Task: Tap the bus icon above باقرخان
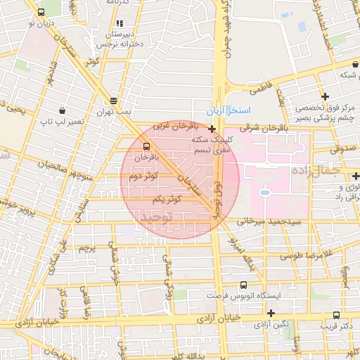pyautogui.click(x=146, y=147)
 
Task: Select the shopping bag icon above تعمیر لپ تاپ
pyautogui.click(x=62, y=111)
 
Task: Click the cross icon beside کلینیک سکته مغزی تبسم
pyautogui.click(x=212, y=129)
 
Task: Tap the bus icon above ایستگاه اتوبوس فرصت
pyautogui.click(x=243, y=285)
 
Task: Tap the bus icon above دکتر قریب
pyautogui.click(x=336, y=316)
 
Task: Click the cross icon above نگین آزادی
pyautogui.click(x=271, y=314)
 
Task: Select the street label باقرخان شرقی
pyautogui.click(x=264, y=128)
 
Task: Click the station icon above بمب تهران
pyautogui.click(x=113, y=101)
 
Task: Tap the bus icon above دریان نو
pyautogui.click(x=40, y=12)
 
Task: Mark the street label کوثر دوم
pyautogui.click(x=143, y=176)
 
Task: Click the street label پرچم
pyautogui.click(x=86, y=247)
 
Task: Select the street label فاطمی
pyautogui.click(x=261, y=89)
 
